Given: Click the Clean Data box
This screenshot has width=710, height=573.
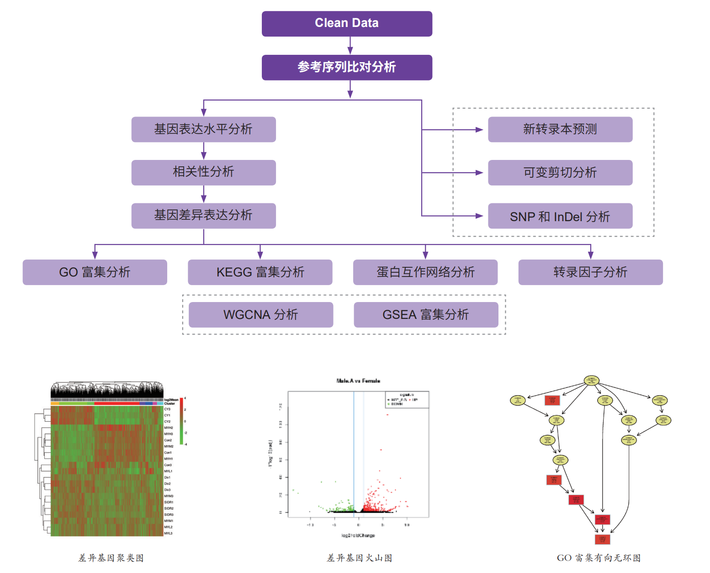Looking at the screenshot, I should click(x=347, y=24).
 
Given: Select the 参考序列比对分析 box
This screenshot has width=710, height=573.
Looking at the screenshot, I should click(x=347, y=68).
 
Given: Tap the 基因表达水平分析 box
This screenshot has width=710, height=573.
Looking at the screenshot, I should click(x=203, y=129).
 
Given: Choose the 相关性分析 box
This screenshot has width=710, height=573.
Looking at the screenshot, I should click(x=203, y=172).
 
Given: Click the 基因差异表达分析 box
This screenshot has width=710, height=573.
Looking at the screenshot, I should click(x=203, y=216).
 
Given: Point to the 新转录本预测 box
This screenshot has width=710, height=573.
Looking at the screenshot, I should click(x=560, y=129).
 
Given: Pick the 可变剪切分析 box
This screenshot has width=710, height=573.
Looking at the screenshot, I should click(x=560, y=172).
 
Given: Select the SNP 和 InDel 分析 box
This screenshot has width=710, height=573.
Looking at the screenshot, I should click(x=560, y=216).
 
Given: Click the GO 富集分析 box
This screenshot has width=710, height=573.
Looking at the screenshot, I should click(x=95, y=272).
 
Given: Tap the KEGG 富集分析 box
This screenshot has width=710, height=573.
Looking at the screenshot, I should click(x=260, y=272).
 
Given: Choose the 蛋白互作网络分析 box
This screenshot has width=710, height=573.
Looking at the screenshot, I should click(x=425, y=272).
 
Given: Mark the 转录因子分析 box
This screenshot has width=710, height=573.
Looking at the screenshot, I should click(x=590, y=272).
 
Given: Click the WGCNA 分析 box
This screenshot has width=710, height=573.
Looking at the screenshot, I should click(x=261, y=315).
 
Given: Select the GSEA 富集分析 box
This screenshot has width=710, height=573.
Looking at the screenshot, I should click(x=426, y=315).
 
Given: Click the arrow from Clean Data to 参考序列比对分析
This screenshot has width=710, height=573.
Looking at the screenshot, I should click(x=350, y=46).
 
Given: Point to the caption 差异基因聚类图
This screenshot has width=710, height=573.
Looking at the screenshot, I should click(x=111, y=558).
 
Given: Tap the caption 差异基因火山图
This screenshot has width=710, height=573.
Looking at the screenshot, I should click(x=360, y=558).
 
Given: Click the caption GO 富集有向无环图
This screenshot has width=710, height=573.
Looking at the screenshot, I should click(x=599, y=558).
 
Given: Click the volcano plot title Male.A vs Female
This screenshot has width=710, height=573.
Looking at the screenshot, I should click(x=358, y=381).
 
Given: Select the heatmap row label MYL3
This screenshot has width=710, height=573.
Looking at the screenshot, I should click(x=169, y=533).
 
